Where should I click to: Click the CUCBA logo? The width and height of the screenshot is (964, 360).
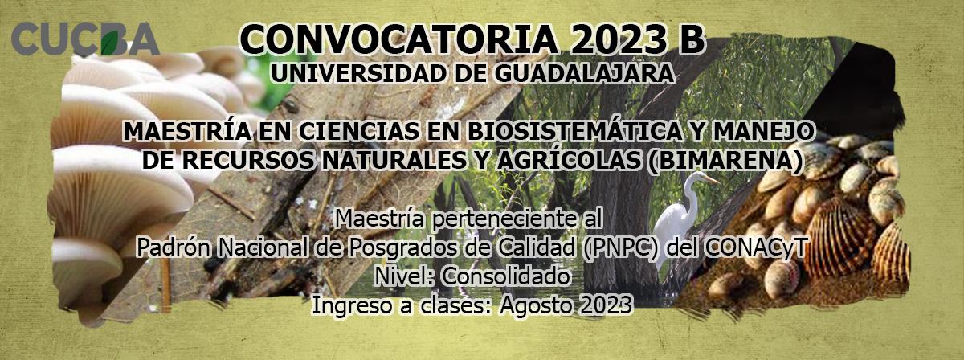tap(85, 39)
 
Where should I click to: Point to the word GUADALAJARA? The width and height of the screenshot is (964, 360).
tap(584, 74)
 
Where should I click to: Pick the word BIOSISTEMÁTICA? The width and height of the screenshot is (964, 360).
tap(575, 131)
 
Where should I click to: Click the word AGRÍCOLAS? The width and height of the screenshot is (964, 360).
tap(568, 160)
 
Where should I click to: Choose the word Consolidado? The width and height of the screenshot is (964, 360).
tap(506, 276)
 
